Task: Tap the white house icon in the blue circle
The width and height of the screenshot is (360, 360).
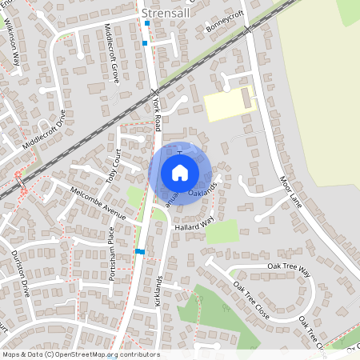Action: [x=180, y=172]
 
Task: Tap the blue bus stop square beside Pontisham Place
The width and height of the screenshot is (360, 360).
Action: [x=140, y=251]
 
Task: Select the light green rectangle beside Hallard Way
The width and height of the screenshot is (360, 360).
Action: [x=222, y=230]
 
